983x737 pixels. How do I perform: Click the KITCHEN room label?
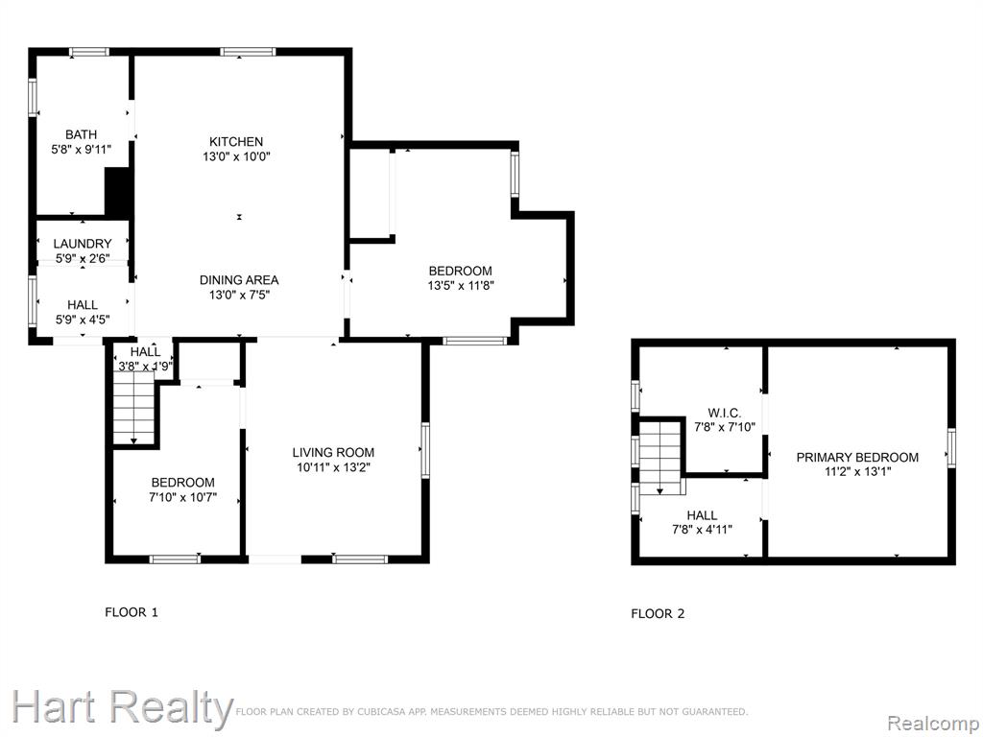tap(236, 142)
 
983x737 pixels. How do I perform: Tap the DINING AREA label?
tap(239, 280)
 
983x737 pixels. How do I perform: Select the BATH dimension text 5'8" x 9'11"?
tap(82, 150)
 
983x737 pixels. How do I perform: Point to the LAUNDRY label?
tap(83, 244)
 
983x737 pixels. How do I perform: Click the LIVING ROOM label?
tap(333, 453)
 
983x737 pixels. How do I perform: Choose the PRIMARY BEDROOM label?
tap(857, 458)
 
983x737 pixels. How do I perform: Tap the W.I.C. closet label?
tap(725, 414)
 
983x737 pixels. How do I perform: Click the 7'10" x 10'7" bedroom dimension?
tap(183, 498)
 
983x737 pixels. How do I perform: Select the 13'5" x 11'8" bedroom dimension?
tap(461, 286)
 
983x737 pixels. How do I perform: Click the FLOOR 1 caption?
tap(132, 612)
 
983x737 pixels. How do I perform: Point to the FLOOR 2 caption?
tap(658, 613)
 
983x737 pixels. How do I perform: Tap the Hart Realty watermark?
tap(122, 708)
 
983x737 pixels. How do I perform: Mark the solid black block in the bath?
tap(118, 191)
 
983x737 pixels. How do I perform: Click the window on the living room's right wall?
tap(425, 451)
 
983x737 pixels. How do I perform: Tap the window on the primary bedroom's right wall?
tap(951, 447)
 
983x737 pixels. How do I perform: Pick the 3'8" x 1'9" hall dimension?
tap(146, 367)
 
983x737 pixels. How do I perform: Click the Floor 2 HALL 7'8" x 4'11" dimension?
tap(702, 530)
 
